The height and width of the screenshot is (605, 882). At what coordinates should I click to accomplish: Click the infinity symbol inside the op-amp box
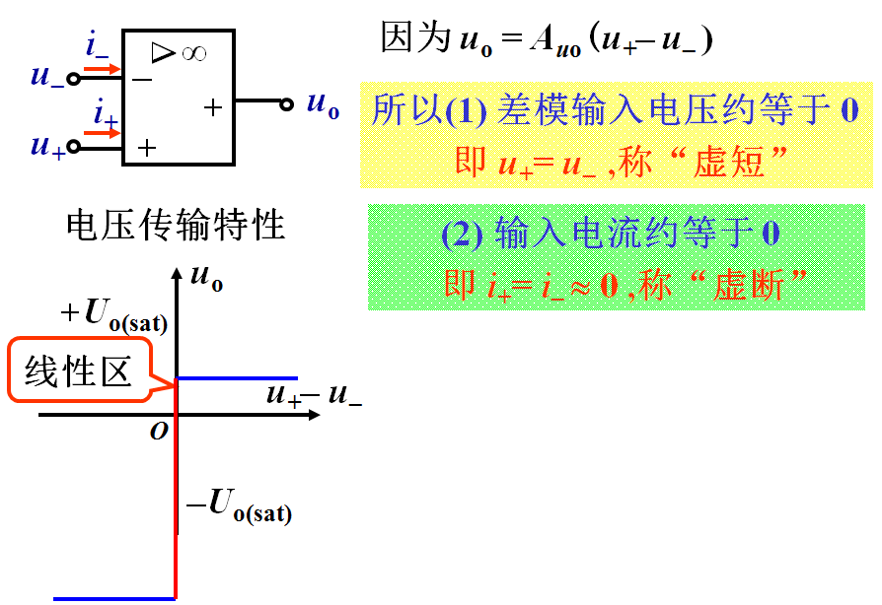pyautogui.click(x=193, y=53)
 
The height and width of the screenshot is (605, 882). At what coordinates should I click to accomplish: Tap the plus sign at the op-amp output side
pyautogui.click(x=213, y=106)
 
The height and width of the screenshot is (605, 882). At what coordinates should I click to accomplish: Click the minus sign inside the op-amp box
pyautogui.click(x=143, y=78)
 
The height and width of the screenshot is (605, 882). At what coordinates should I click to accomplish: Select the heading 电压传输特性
pyautogui.click(x=176, y=226)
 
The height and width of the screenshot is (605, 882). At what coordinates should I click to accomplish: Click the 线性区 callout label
pyautogui.click(x=79, y=370)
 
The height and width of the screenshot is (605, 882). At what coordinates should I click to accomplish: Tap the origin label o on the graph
pyautogui.click(x=159, y=431)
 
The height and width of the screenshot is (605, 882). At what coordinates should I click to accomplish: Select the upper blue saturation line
pyautogui.click(x=237, y=377)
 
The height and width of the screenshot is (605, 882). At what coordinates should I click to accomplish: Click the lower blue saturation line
pyautogui.click(x=113, y=598)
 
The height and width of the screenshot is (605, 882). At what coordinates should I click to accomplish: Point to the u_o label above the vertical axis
pyautogui.click(x=206, y=279)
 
